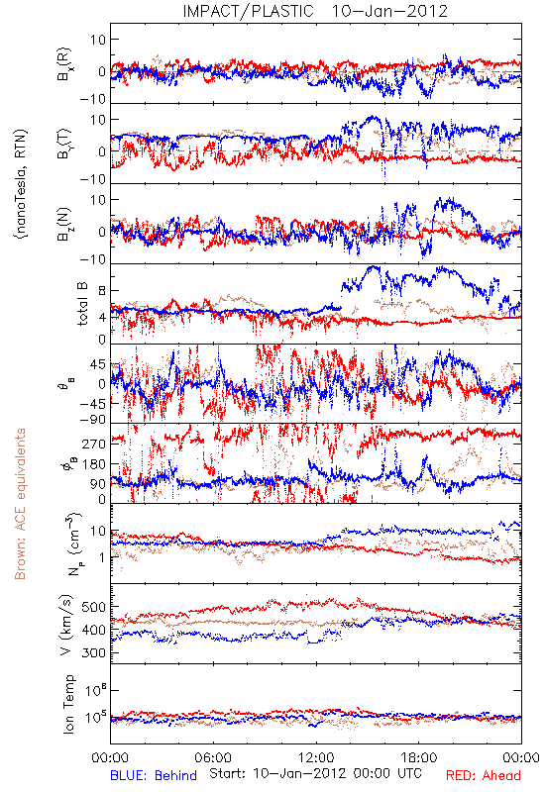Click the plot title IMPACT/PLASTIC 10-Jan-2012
315,11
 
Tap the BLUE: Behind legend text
154,775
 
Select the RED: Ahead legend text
483,775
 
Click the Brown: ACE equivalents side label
20,504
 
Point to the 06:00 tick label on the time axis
213,757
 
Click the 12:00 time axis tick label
316,757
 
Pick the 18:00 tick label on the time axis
418,757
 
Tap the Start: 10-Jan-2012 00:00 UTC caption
315,773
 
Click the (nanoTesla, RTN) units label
21,184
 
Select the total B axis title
82,303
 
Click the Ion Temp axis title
68,704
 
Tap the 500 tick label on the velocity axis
93,607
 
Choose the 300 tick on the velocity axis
93,652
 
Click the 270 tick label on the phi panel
93,444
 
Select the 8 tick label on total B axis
102,290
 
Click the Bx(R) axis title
64,64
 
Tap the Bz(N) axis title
64,225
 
